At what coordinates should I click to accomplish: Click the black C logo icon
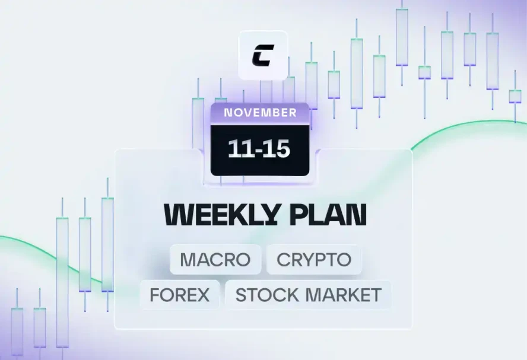pyautogui.click(x=262, y=55)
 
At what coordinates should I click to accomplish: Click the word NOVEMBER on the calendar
pyautogui.click(x=260, y=113)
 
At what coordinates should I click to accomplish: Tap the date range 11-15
pyautogui.click(x=259, y=148)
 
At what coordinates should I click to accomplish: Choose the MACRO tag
pyautogui.click(x=215, y=259)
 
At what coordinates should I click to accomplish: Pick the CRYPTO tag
pyautogui.click(x=314, y=259)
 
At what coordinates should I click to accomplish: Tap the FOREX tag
pyautogui.click(x=180, y=295)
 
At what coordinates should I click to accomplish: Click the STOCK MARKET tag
pyautogui.click(x=308, y=295)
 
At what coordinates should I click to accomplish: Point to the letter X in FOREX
pyautogui.click(x=202, y=295)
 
